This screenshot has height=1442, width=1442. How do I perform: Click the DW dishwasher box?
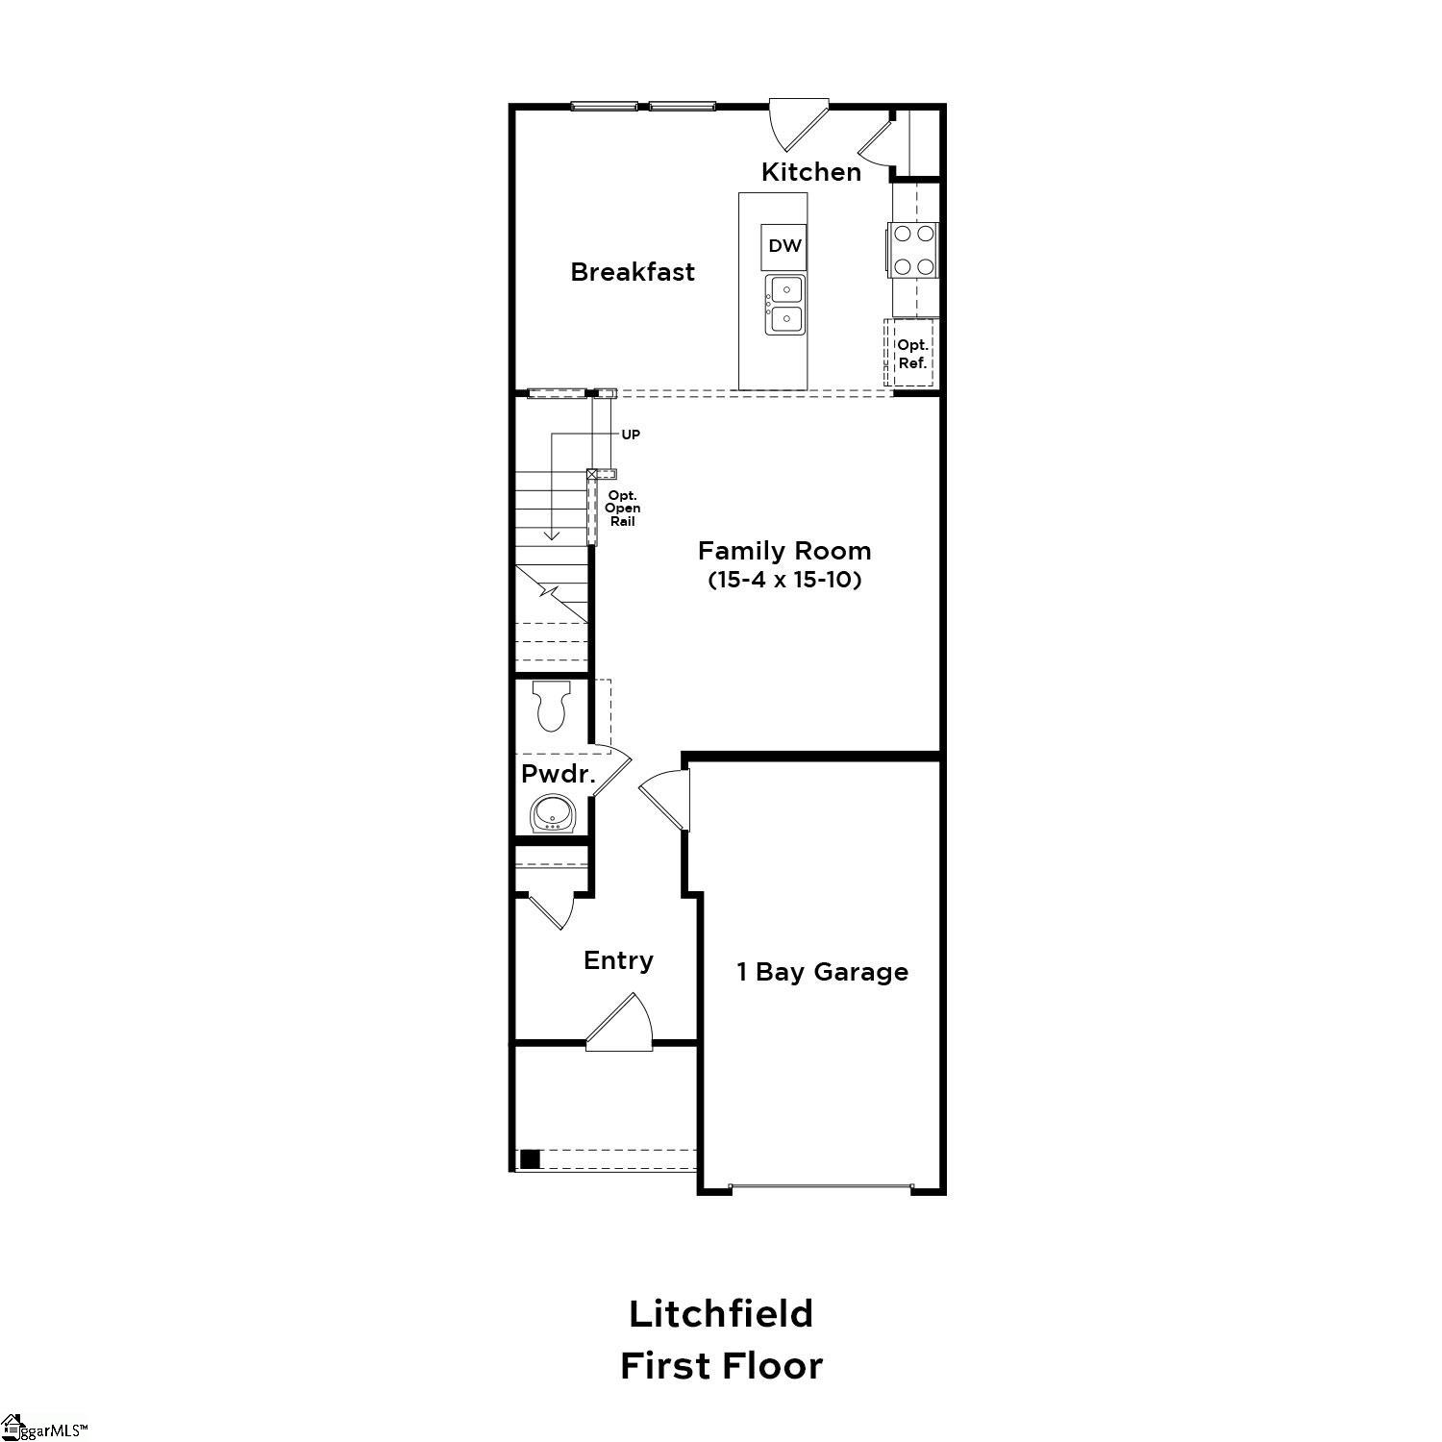[784, 246]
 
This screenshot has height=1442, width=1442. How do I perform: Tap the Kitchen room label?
[810, 172]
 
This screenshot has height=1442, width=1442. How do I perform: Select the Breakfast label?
[632, 272]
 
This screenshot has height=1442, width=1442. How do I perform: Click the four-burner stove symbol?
[912, 250]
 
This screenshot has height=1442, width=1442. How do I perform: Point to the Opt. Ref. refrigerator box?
[911, 354]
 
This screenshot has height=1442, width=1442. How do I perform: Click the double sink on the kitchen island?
[784, 304]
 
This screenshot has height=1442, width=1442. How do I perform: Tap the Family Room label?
[783, 551]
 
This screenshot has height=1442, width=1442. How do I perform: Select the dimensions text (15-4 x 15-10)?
[783, 580]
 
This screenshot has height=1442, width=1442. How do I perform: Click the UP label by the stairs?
[631, 435]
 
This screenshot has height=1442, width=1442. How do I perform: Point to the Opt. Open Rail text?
[622, 508]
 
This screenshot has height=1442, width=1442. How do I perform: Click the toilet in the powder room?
[551, 707]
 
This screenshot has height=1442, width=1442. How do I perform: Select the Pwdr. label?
[558, 774]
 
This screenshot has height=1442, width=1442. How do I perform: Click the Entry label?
[618, 960]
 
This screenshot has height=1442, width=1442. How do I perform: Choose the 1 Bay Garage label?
[822, 972]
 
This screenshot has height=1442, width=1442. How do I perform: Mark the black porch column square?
[530, 1159]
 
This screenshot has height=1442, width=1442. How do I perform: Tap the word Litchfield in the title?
[721, 1313]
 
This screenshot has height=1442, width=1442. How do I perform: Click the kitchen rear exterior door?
[798, 122]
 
